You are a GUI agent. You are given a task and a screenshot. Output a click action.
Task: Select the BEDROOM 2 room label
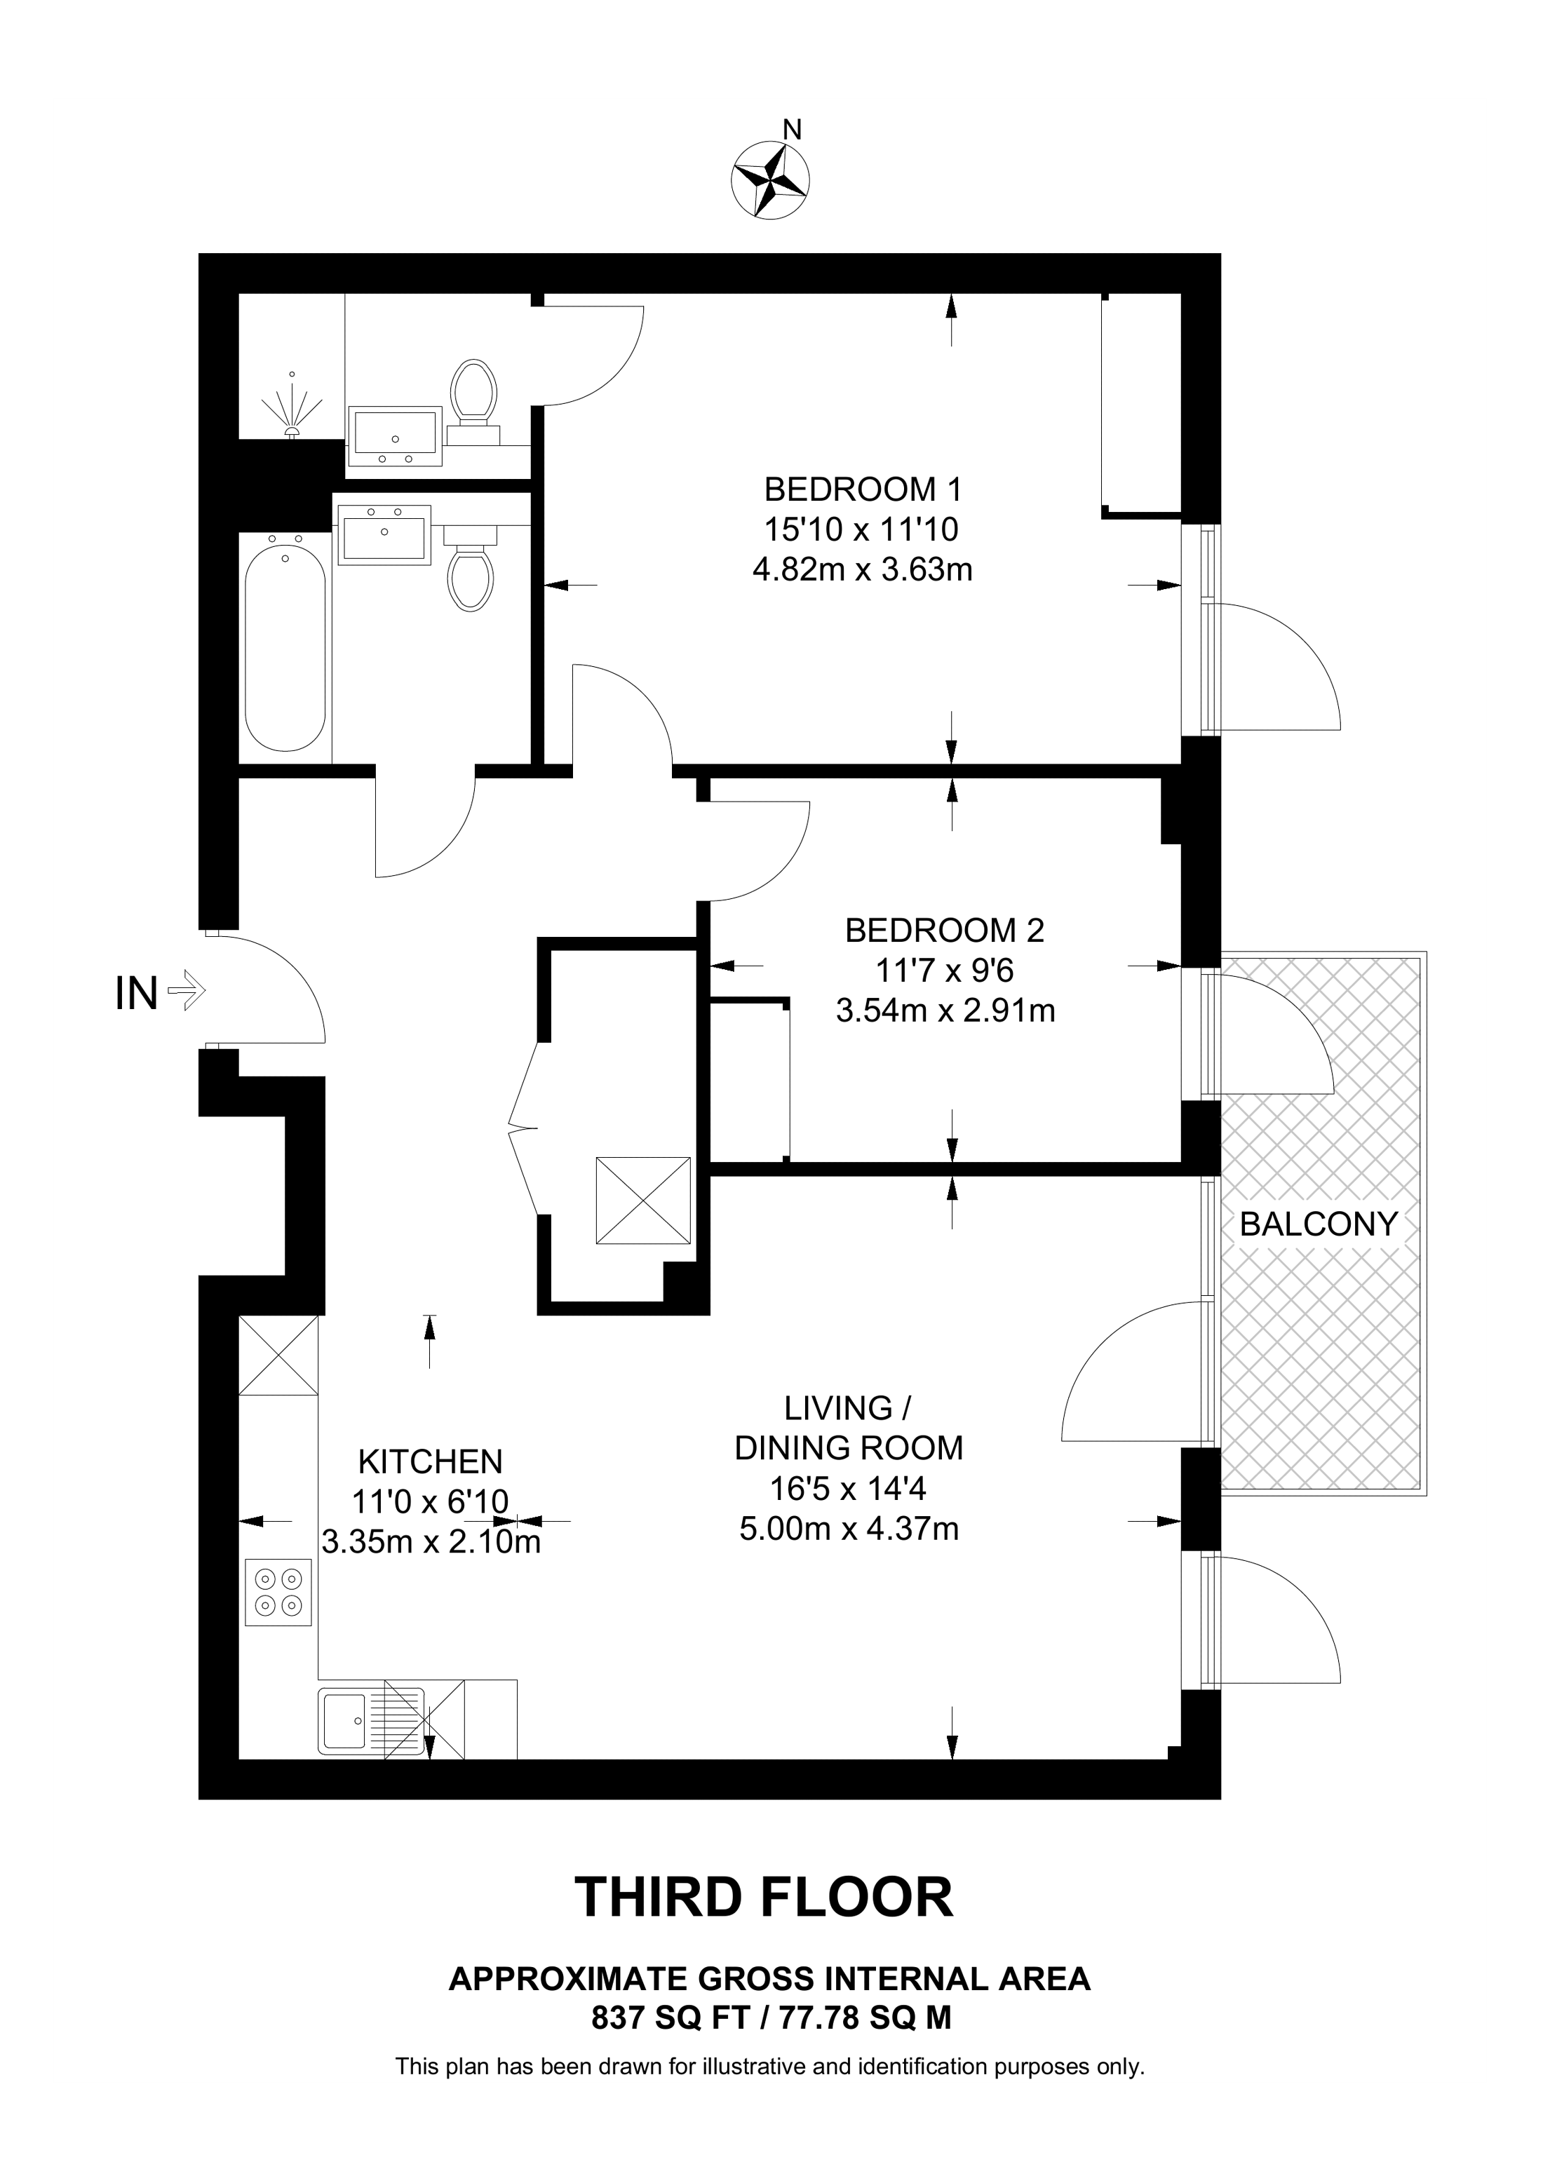click(944, 930)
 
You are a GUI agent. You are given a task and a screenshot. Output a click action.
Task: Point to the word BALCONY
click(1319, 1224)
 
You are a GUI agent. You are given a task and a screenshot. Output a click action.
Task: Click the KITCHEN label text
click(430, 1461)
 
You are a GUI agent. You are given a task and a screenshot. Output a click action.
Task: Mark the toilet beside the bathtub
click(470, 567)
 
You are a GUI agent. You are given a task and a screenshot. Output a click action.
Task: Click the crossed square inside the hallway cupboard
click(642, 1200)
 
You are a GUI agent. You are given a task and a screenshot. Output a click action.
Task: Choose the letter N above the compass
click(791, 128)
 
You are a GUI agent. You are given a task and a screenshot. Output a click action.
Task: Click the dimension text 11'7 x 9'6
click(944, 970)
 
